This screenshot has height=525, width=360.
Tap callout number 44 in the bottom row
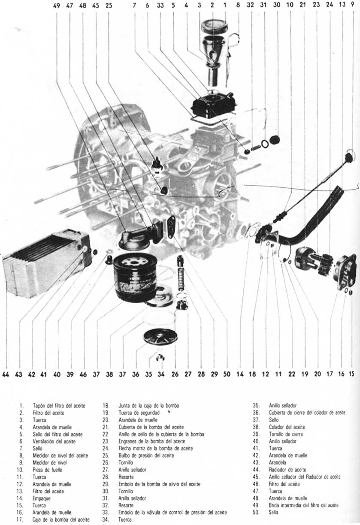click(x=6, y=374)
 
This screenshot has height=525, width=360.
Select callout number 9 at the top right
click(x=352, y=6)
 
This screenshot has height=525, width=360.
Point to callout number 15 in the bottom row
click(x=352, y=374)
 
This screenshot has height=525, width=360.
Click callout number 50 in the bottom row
click(x=227, y=374)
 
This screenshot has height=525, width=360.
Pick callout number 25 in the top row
click(x=109, y=6)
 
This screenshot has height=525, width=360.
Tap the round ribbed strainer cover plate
click(x=160, y=337)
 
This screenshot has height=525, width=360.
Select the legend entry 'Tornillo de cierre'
click(x=283, y=434)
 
